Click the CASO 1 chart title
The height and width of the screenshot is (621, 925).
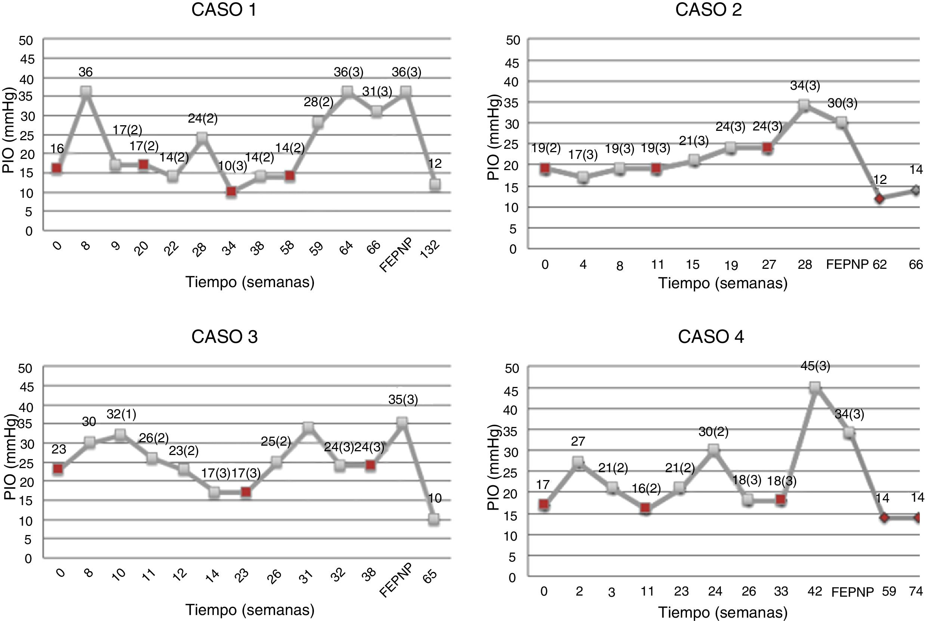coord(223,10)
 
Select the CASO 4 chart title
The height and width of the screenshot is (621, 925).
coord(710,336)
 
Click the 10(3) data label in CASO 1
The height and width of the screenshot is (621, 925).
coord(232,166)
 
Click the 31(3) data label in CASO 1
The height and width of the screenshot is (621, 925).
coord(377,92)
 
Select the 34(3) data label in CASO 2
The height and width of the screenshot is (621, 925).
coord(805,86)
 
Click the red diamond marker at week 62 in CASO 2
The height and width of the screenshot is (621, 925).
coord(879,199)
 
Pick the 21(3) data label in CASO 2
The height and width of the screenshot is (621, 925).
coord(693,141)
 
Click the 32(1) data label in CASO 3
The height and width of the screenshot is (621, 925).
coord(121,414)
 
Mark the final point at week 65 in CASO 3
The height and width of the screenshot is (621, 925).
coord(434,519)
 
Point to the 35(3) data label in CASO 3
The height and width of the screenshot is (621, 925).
coord(403,400)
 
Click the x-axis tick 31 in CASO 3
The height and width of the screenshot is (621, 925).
coord(306,577)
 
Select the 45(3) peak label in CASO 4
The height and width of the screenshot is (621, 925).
coord(815,366)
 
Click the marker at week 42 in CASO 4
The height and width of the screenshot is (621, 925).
coord(815,388)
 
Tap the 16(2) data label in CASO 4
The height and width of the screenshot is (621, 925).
coord(646,489)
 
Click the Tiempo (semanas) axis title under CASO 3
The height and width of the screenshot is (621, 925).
coord(250,609)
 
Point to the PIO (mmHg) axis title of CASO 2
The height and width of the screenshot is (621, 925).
coord(494,138)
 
